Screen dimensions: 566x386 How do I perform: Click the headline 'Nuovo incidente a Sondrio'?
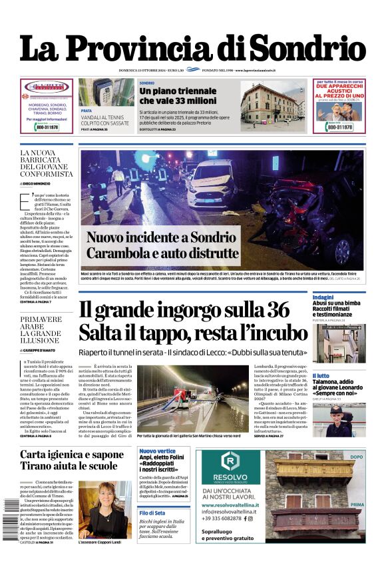click(161, 237)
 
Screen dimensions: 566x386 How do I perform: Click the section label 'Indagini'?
click(323, 297)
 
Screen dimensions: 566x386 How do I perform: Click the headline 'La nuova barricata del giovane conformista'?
click(46, 164)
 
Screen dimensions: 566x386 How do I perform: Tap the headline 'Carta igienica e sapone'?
click(71, 456)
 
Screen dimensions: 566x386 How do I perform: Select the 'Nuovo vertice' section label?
click(157, 451)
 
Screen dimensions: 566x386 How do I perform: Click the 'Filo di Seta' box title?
click(152, 512)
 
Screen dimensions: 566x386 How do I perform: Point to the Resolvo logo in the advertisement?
click(231, 463)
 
